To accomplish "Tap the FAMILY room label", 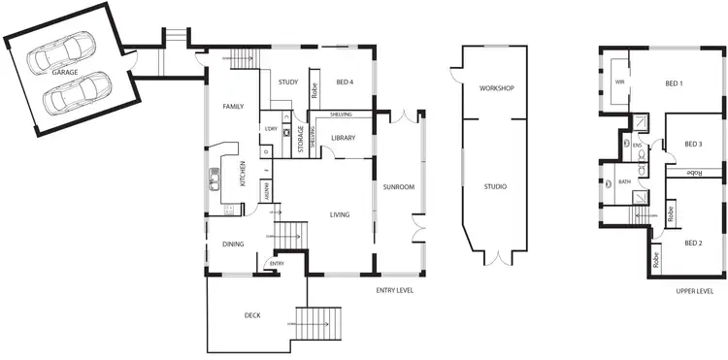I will coord(232,106).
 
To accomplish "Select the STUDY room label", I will coord(286,82).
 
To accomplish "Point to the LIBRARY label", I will coord(344,138).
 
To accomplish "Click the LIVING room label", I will coord(339,214).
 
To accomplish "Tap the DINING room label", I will coord(232,245).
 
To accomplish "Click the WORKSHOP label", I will coord(495,88).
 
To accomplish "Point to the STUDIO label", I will coord(495,186).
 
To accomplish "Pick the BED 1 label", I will coord(674,83).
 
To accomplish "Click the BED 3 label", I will coord(692,144).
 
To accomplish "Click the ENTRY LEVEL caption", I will coord(394,289).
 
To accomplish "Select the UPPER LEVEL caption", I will coord(695,289).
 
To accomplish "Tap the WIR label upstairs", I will coord(619,82).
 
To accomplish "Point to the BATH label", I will coord(624,180).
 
